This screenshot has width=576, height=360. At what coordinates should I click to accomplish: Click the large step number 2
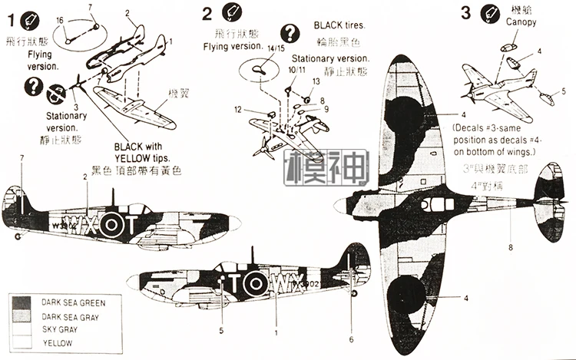pos(207,13)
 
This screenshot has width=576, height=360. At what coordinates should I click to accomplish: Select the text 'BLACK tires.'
pos(339,25)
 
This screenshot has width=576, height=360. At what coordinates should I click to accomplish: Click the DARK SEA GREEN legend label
pos(74,303)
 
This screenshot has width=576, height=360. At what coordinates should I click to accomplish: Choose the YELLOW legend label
pos(58,342)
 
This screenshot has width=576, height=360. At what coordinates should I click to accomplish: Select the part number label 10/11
pos(296,70)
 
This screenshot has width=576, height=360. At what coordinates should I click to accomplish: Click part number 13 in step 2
pos(316,81)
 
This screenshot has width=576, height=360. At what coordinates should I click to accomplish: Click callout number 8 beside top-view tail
pos(510,246)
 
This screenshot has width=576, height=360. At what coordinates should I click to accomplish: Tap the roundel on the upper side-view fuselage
pos(111,225)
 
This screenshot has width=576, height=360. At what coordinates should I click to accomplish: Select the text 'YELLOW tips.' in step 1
pos(142,158)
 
